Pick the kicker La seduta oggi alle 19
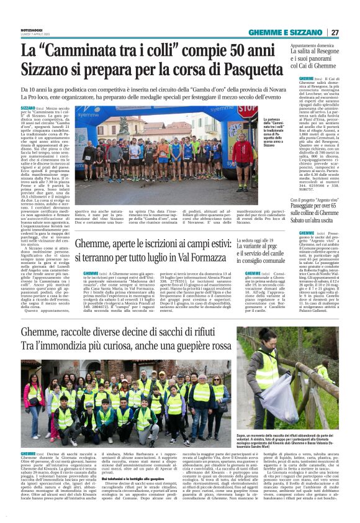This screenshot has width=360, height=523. pos(271,239)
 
